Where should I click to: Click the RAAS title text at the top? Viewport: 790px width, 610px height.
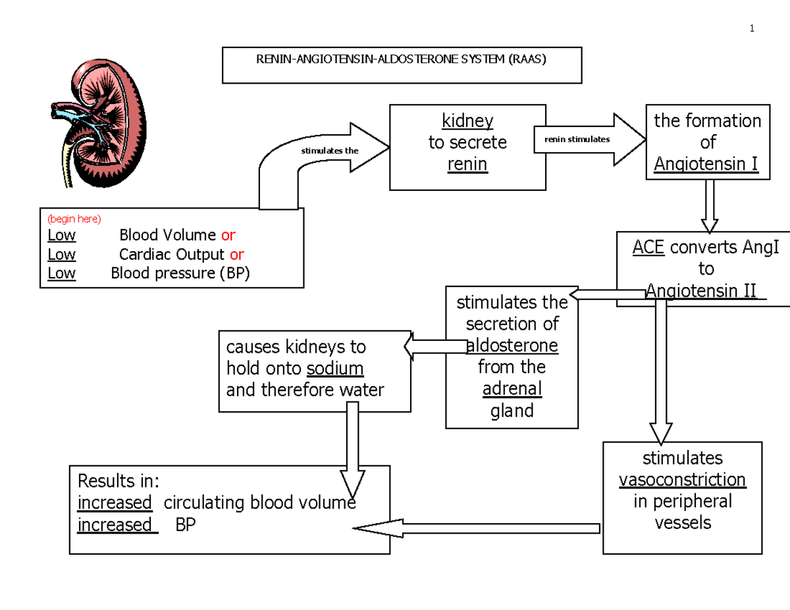coord(401,59)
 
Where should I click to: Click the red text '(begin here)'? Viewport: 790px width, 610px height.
coord(74,219)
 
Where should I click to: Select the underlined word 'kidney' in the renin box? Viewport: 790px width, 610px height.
coord(467,121)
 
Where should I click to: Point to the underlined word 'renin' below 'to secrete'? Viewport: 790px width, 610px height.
coord(467,164)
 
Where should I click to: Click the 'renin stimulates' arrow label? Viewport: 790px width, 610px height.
coord(577,140)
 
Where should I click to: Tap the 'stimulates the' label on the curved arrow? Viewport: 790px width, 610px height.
coord(330,151)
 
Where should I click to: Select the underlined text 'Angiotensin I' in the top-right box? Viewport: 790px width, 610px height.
coord(706,163)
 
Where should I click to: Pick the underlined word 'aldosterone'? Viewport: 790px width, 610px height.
coord(512,345)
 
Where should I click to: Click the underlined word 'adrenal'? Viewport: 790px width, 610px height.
coord(512,389)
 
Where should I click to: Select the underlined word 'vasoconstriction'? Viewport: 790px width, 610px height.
coord(682,479)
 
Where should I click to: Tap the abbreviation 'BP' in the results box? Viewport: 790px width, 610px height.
coord(186,525)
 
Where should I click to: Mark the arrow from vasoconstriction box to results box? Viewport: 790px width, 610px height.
coord(477,527)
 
